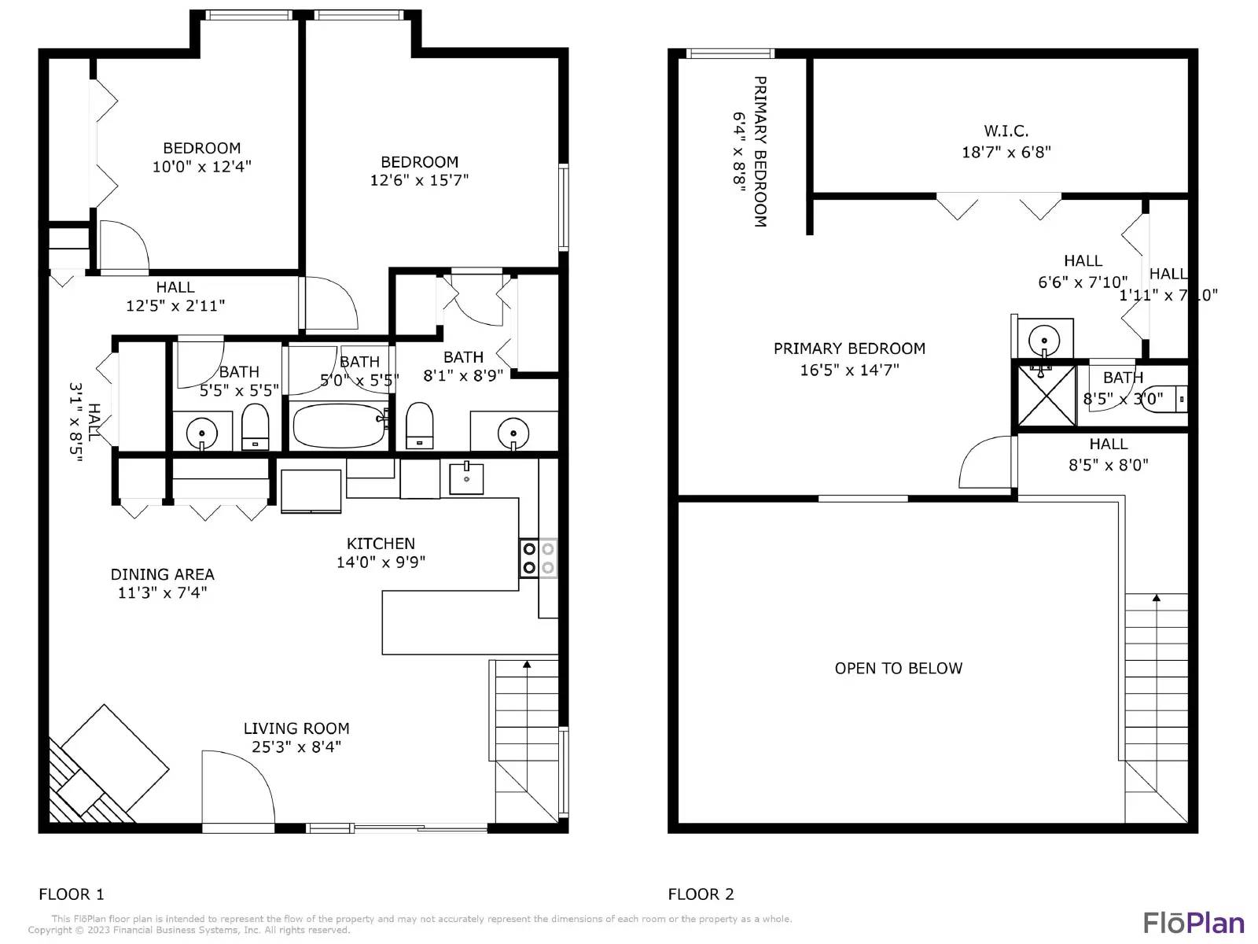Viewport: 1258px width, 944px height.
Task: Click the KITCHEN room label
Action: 381,544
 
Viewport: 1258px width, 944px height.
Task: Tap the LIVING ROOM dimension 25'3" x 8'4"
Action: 296,747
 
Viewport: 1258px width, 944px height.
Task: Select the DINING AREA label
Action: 162,574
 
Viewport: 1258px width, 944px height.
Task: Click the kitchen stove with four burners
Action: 538,558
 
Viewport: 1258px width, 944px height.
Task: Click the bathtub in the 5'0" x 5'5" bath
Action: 339,426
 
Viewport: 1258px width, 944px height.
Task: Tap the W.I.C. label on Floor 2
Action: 1006,131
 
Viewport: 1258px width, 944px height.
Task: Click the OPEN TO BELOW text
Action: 898,668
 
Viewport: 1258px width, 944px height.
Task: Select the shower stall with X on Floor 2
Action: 1046,396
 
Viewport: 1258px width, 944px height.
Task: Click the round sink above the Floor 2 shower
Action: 1044,341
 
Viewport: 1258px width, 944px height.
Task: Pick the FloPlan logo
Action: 1194,923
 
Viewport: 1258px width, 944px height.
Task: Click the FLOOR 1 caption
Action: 72,894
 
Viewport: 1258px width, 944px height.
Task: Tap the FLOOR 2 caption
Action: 701,894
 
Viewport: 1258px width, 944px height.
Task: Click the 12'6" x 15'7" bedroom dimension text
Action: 419,180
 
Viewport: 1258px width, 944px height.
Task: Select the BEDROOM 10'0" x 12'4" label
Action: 201,149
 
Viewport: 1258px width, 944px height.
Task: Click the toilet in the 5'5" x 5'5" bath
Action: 255,428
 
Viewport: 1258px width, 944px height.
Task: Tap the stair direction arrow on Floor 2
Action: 1156,599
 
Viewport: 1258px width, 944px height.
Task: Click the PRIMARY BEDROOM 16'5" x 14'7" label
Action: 849,348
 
